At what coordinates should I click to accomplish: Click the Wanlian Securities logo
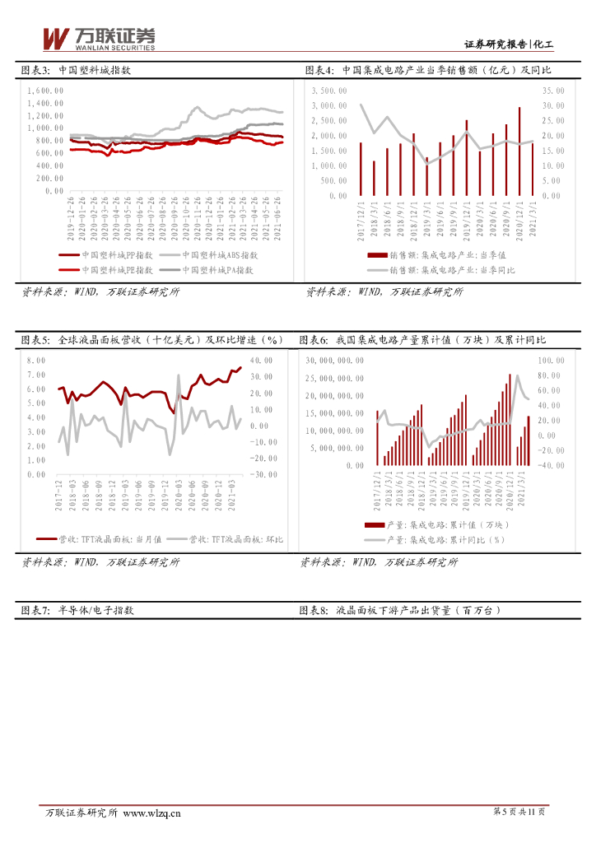point(98,38)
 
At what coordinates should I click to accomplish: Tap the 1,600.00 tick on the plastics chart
point(44,91)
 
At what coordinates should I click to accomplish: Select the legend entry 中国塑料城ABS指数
point(219,255)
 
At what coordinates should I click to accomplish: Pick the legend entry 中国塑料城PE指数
point(117,269)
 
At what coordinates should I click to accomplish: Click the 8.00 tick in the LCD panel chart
point(35,361)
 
